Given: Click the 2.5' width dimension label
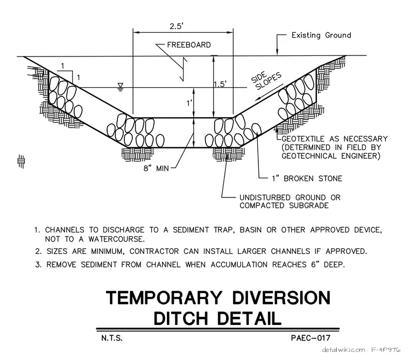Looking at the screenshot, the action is click(177, 26).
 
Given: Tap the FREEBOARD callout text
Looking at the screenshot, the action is click(189, 45).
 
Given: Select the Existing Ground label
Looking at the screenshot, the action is click(321, 35).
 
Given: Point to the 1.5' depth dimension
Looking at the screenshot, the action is click(220, 84).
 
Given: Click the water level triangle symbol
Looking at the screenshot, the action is click(120, 87).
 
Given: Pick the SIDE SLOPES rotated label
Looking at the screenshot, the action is click(266, 80).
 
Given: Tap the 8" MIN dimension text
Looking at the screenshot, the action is click(156, 168).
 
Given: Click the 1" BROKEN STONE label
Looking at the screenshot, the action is click(307, 179).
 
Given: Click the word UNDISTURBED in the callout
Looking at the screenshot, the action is click(265, 197).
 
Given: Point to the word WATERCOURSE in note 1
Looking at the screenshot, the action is click(116, 239).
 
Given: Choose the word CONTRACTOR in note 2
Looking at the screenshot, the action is click(154, 251).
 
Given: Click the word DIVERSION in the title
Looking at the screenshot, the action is click(281, 298).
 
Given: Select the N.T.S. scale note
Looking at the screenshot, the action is click(112, 338).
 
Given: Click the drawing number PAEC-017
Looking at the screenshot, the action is click(311, 338).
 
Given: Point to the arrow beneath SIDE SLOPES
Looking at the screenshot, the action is click(269, 92).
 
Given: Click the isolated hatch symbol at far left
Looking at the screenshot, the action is click(21, 161).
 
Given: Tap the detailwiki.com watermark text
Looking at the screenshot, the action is click(343, 350).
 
